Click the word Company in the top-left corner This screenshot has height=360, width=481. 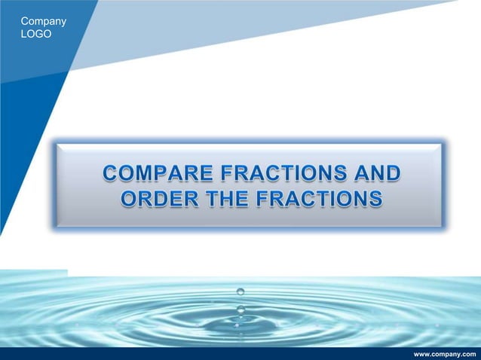[x=44, y=21]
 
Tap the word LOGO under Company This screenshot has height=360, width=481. [x=37, y=35]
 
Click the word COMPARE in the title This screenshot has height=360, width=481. [x=152, y=175]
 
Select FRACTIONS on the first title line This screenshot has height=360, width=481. [x=280, y=175]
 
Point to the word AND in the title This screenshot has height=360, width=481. [x=376, y=175]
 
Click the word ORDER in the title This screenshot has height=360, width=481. [x=155, y=200]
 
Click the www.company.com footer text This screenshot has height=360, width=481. [x=446, y=353]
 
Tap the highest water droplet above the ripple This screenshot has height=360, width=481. [x=240, y=291]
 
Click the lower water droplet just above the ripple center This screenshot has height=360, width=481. [x=240, y=309]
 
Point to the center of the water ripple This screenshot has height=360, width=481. [x=240, y=325]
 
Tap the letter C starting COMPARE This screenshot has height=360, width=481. [x=112, y=175]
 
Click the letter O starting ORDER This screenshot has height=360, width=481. [x=129, y=200]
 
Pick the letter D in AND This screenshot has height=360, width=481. [x=393, y=175]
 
